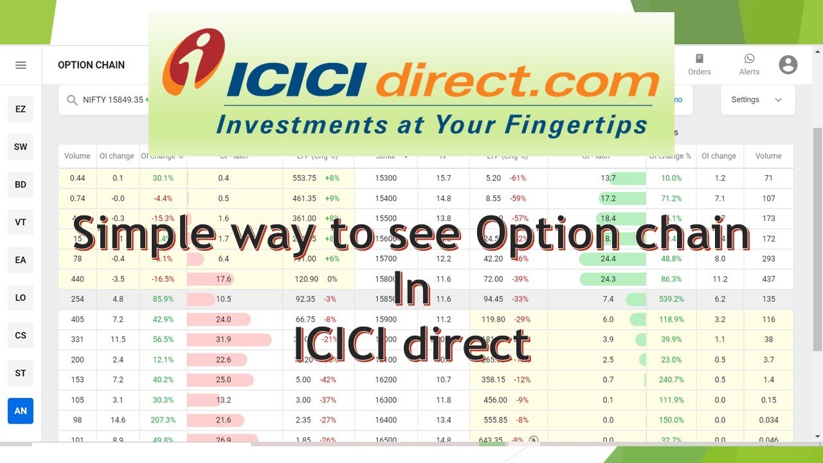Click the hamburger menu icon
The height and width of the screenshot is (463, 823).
coord(21,65)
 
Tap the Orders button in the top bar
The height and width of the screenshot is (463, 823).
coord(700,65)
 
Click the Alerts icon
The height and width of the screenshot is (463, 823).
coord(749,65)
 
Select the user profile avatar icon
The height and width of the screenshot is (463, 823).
coord(788,64)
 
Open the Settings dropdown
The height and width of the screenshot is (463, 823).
coord(757,100)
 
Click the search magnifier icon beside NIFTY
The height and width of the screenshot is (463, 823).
coord(72,100)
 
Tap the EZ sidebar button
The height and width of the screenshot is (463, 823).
coord(21,109)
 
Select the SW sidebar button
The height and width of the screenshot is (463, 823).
coord(21,147)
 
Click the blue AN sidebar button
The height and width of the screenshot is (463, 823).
coord(21,411)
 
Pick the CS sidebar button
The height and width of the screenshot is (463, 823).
coord(21,335)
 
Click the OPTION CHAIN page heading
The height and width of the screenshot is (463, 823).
coord(91,65)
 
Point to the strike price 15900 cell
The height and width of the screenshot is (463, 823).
coord(386,320)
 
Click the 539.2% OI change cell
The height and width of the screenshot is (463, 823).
coord(671,299)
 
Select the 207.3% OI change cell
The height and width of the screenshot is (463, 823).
coord(163,420)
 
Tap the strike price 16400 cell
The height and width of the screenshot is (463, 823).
coord(386,420)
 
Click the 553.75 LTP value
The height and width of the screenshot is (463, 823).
coord(304,178)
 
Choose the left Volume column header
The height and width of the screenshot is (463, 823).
coord(77,156)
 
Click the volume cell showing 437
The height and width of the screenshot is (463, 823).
coord(768,279)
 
